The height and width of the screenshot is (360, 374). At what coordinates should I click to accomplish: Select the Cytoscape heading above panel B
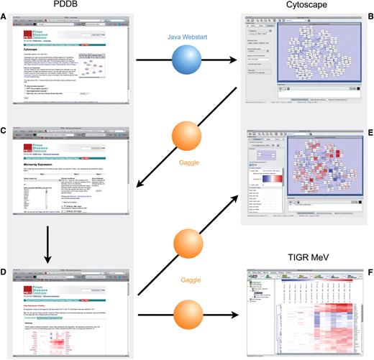click(x=303, y=5)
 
